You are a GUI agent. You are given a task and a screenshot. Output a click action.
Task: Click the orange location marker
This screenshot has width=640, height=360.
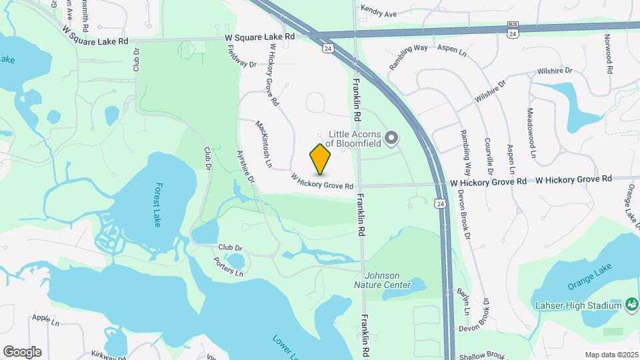point(321,159)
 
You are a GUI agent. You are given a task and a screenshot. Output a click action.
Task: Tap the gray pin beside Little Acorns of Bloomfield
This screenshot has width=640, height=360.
point(392,139)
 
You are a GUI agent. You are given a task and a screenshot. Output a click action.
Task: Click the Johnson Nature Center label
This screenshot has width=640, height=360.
point(387,280)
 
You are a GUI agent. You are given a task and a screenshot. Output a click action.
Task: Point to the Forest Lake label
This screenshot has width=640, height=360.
point(157,205)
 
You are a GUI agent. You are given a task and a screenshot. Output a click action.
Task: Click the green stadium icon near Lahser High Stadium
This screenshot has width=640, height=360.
point(631,305)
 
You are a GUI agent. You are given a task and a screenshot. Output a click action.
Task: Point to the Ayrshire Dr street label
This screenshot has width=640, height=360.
point(246,167)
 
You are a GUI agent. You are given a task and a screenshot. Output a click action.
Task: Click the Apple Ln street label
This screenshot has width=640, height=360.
point(45,320)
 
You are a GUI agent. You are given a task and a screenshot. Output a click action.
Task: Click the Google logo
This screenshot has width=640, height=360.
point(22,351)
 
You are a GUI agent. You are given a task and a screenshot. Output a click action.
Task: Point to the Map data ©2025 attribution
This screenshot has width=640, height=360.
point(611,355)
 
